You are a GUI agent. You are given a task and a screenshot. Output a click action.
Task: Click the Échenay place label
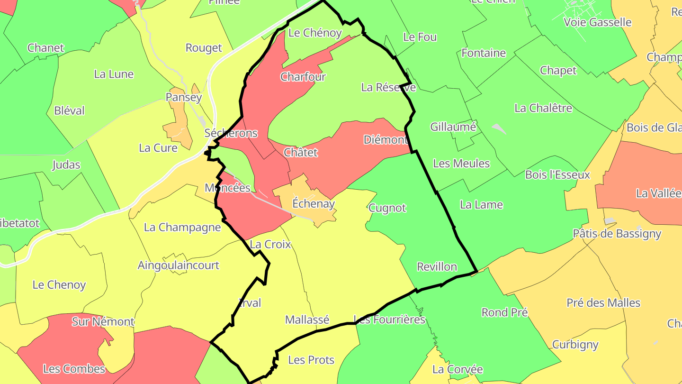314,204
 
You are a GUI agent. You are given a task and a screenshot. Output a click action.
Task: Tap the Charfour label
303,76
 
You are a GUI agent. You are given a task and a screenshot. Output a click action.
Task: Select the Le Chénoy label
315,33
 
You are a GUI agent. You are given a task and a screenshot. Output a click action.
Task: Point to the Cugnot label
387,208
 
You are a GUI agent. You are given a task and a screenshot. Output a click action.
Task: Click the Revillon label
437,266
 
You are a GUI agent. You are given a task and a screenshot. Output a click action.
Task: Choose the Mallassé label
307,320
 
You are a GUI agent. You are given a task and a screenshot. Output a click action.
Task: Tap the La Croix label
270,244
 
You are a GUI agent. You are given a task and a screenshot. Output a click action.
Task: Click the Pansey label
184,97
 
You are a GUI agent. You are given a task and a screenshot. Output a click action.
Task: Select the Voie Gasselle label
598,22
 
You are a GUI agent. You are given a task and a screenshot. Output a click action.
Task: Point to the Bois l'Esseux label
558,174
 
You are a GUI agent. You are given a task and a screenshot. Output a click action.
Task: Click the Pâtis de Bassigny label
617,233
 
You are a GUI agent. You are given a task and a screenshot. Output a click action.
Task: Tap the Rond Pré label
504,312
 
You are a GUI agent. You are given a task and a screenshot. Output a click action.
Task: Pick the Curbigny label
575,344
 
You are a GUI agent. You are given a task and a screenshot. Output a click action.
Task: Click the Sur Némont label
103,321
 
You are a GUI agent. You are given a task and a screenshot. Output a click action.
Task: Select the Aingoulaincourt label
179,265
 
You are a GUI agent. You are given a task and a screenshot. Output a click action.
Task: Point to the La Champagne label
182,227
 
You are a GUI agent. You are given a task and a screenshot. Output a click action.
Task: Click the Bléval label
70,110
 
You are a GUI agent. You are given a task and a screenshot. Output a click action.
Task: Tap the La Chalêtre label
543,108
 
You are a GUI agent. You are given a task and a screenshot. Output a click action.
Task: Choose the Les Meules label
461,164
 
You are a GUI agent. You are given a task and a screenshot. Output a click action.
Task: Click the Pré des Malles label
603,302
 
